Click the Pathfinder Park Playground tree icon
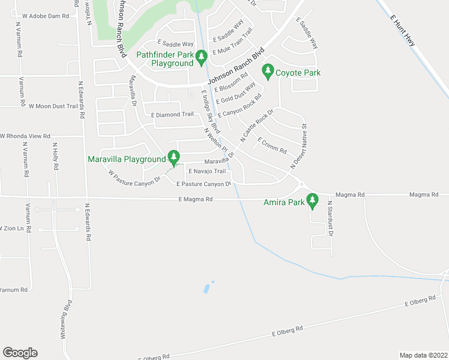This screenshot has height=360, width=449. click(x=202, y=58)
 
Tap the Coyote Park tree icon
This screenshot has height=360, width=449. click(x=268, y=72)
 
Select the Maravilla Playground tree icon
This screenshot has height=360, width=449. click(x=173, y=158)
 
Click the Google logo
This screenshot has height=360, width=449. click(x=20, y=353)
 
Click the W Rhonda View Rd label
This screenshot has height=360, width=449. click(x=25, y=136)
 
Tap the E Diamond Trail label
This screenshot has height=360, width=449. click(x=172, y=114)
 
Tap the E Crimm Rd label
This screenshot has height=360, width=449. click(x=272, y=146)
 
